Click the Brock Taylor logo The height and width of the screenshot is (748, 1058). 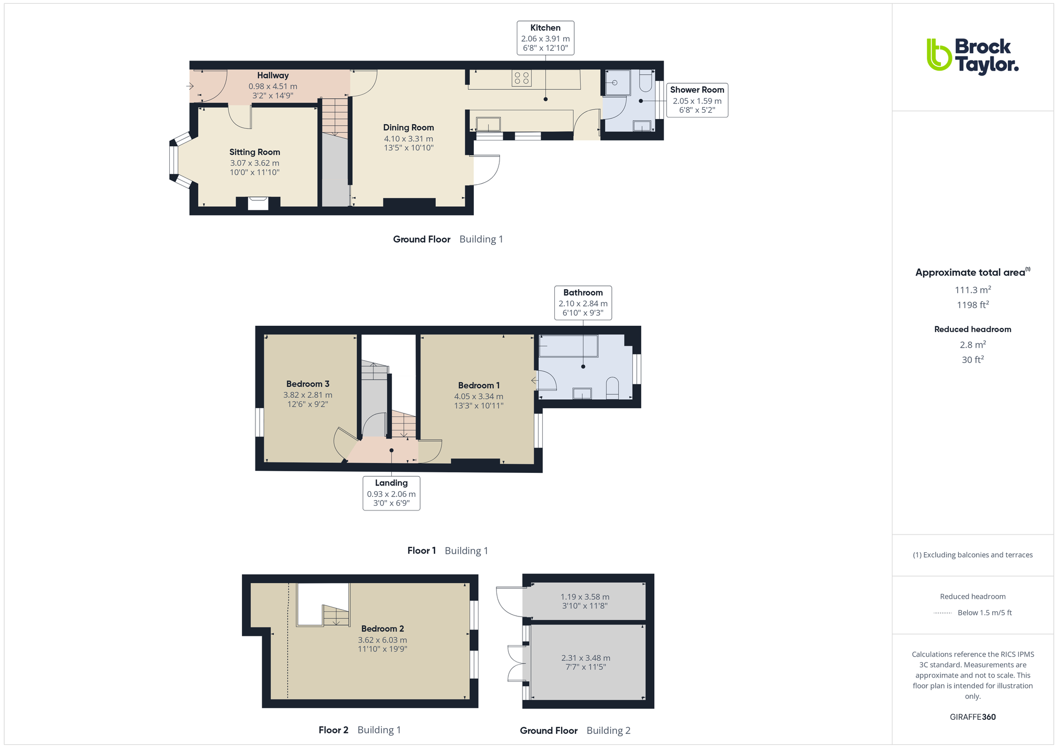(x=972, y=57)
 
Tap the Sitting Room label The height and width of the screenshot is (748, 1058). (x=254, y=152)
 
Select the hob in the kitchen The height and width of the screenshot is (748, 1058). (x=521, y=78)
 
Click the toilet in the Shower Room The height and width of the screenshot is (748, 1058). (x=645, y=80)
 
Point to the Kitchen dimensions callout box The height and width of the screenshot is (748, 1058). (x=545, y=38)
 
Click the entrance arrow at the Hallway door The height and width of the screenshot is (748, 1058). (x=190, y=86)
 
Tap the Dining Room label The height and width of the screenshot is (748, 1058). (x=409, y=128)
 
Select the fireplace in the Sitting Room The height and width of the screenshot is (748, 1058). (x=258, y=203)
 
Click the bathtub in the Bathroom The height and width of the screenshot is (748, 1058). (x=568, y=346)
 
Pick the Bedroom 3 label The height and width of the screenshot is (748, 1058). (x=308, y=384)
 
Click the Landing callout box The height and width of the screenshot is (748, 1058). (x=391, y=493)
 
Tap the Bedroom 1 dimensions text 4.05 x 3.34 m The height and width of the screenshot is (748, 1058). (x=479, y=397)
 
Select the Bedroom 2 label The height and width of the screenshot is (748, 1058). (x=382, y=629)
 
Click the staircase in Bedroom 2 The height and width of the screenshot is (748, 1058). (x=336, y=615)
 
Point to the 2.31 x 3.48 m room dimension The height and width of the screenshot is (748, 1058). (x=586, y=658)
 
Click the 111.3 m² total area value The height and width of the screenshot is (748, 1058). (x=972, y=290)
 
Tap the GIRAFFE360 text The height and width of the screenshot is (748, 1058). (x=972, y=717)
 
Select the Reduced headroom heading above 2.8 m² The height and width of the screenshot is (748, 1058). (x=972, y=329)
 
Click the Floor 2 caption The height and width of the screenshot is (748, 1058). (x=333, y=730)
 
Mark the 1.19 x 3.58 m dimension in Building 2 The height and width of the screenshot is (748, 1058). (x=585, y=597)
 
